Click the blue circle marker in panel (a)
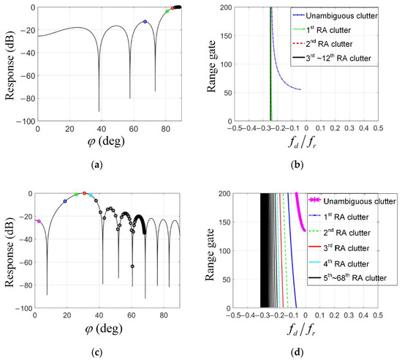click(x=145, y=22)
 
